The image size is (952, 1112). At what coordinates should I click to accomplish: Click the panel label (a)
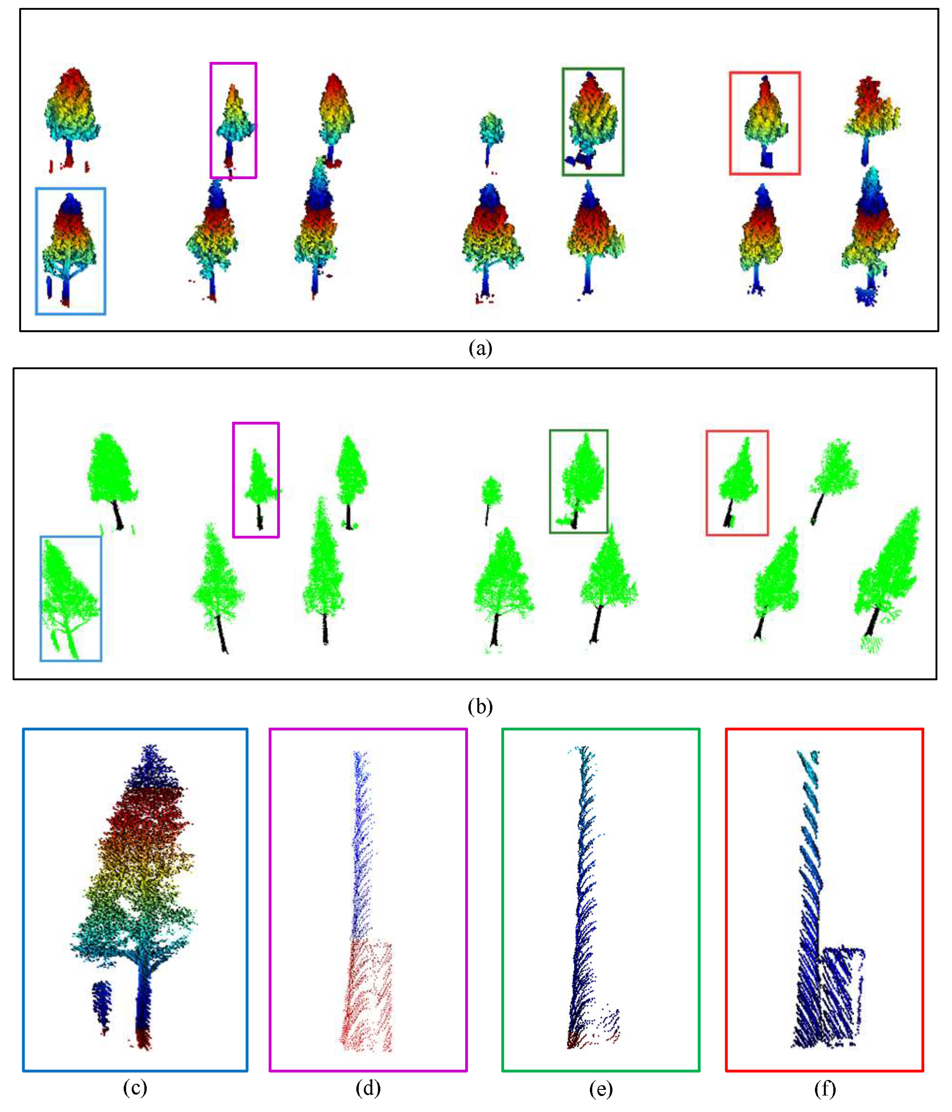[x=480, y=349]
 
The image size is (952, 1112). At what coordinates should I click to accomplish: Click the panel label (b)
[x=480, y=708]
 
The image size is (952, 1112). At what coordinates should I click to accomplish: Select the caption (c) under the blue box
[x=135, y=1088]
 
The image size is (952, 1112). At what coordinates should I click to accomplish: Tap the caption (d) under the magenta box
[x=368, y=1088]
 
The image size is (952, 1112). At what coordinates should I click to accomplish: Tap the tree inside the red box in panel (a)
[x=765, y=121]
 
